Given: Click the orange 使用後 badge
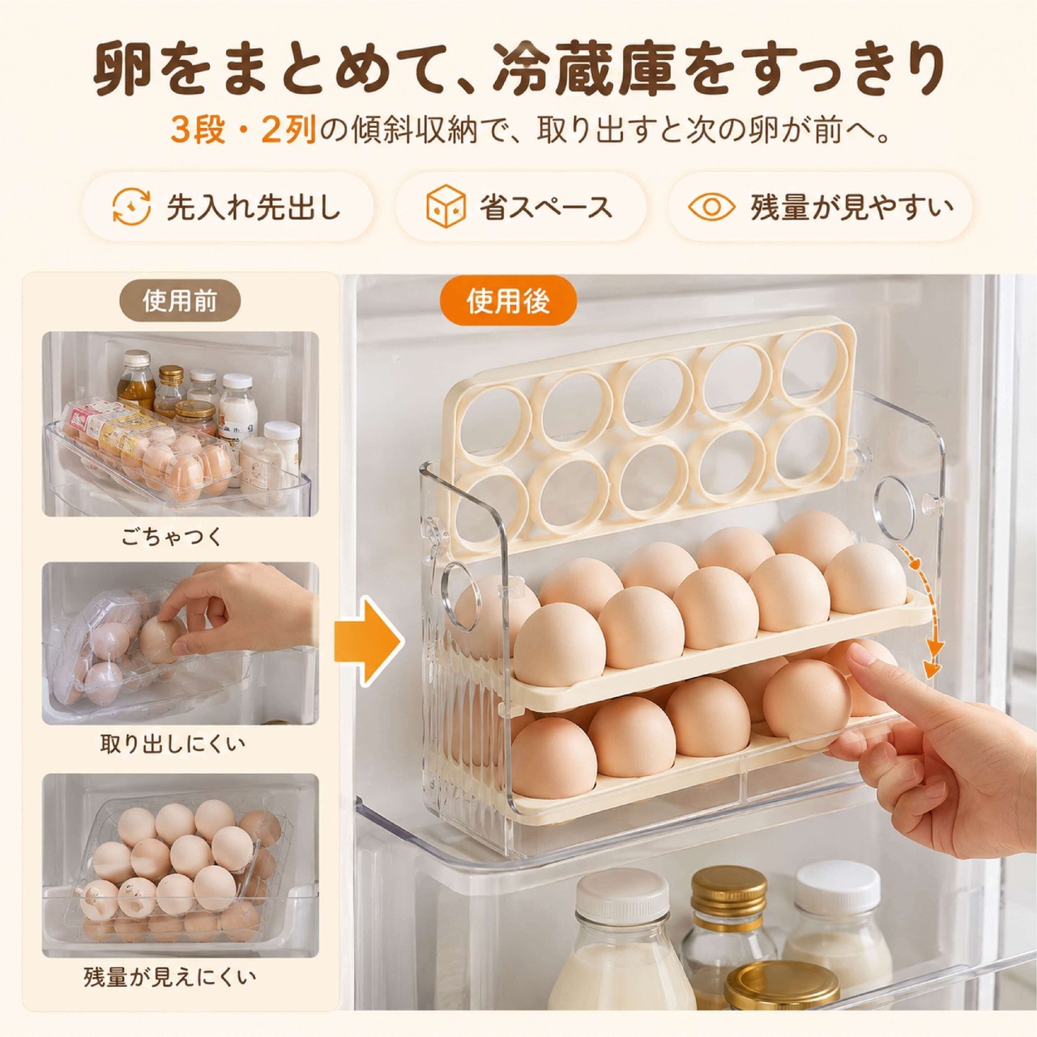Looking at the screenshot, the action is pos(508,301).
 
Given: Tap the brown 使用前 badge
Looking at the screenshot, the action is pos(179,301).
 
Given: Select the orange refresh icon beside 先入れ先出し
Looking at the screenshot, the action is pos(130,207).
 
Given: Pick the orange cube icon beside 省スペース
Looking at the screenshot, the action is pos(446,207).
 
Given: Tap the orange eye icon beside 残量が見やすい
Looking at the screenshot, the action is pos(711,207).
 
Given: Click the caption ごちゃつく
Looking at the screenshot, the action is pos(172,537).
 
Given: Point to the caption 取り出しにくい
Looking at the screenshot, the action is pos(173,745).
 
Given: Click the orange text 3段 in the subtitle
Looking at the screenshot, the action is pos(198,130).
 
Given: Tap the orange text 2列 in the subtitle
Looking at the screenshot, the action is pos(289,130).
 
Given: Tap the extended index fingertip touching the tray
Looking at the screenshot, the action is pos(859,656).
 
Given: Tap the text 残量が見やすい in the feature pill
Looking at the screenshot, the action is pos(851,207).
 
